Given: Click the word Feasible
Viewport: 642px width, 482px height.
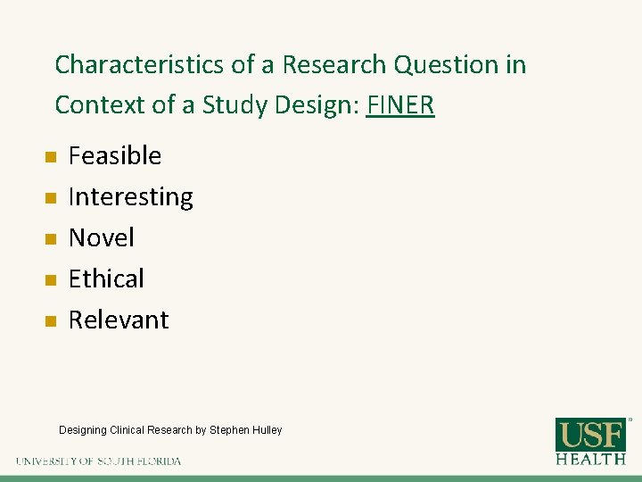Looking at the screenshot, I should click(115, 156).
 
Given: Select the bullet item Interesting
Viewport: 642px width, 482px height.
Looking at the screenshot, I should click(130, 197).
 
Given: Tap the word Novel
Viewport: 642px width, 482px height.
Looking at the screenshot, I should click(101, 238).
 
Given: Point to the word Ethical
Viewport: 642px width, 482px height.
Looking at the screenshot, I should click(106, 279).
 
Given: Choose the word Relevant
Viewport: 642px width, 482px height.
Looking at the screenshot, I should click(119, 320).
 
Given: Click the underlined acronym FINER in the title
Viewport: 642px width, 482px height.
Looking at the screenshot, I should click(400, 105).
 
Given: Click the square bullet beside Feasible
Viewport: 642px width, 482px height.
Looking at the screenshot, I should click(51, 158).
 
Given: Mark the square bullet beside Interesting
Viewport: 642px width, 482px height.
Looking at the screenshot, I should click(51, 198).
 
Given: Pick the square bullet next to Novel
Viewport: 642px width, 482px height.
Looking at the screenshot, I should click(51, 239).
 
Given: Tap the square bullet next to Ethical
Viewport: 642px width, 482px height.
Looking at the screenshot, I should click(51, 280).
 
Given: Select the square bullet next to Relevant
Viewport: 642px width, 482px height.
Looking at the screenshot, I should click(51, 321).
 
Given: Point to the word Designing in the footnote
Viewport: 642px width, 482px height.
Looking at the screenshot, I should click(83, 430).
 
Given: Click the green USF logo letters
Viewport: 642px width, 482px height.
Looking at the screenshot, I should click(591, 434).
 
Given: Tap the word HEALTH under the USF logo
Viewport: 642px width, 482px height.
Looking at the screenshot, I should click(591, 459).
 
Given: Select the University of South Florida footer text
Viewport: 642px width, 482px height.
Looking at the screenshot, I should click(98, 461).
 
